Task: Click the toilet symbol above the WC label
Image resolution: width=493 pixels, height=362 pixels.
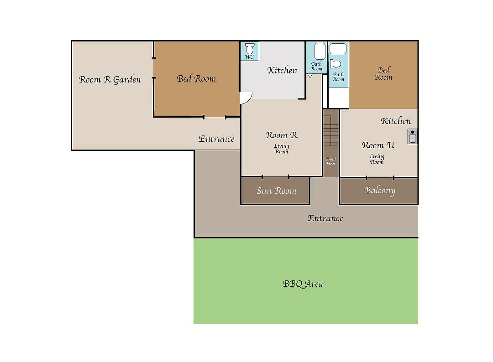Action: pyautogui.click(x=250, y=48)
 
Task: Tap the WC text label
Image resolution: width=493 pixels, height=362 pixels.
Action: pyautogui.click(x=250, y=57)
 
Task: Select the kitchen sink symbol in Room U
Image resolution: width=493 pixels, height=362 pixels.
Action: pyautogui.click(x=413, y=136)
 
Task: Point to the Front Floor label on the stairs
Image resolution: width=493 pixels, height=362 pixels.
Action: pyautogui.click(x=331, y=161)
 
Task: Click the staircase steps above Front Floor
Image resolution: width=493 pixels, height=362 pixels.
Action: pyautogui.click(x=331, y=130)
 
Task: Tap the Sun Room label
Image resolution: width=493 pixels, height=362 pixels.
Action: pyautogui.click(x=276, y=191)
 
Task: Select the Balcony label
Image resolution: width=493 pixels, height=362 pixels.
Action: pyautogui.click(x=380, y=191)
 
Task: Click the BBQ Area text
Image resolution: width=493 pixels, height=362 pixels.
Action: pyautogui.click(x=303, y=284)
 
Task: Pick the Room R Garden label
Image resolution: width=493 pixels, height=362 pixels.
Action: pyautogui.click(x=110, y=79)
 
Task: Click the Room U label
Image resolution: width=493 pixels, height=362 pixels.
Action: pyautogui.click(x=378, y=145)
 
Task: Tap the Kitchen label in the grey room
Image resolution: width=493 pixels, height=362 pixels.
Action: pyautogui.click(x=283, y=70)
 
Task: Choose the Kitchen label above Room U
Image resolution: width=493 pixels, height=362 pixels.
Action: pyautogui.click(x=396, y=121)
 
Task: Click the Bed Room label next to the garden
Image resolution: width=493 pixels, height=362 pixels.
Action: pyautogui.click(x=196, y=78)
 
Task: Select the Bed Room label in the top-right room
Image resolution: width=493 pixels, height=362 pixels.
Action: pyautogui.click(x=383, y=73)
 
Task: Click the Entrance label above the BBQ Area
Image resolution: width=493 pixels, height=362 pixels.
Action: pyautogui.click(x=325, y=218)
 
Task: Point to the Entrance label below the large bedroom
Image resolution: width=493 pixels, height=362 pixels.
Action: pyautogui.click(x=216, y=139)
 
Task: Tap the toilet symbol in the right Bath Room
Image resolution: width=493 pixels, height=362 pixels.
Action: pyautogui.click(x=336, y=64)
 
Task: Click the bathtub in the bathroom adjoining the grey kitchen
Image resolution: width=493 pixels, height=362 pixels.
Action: pyautogui.click(x=320, y=51)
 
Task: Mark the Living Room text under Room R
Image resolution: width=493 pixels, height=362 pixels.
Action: pyautogui.click(x=281, y=149)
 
